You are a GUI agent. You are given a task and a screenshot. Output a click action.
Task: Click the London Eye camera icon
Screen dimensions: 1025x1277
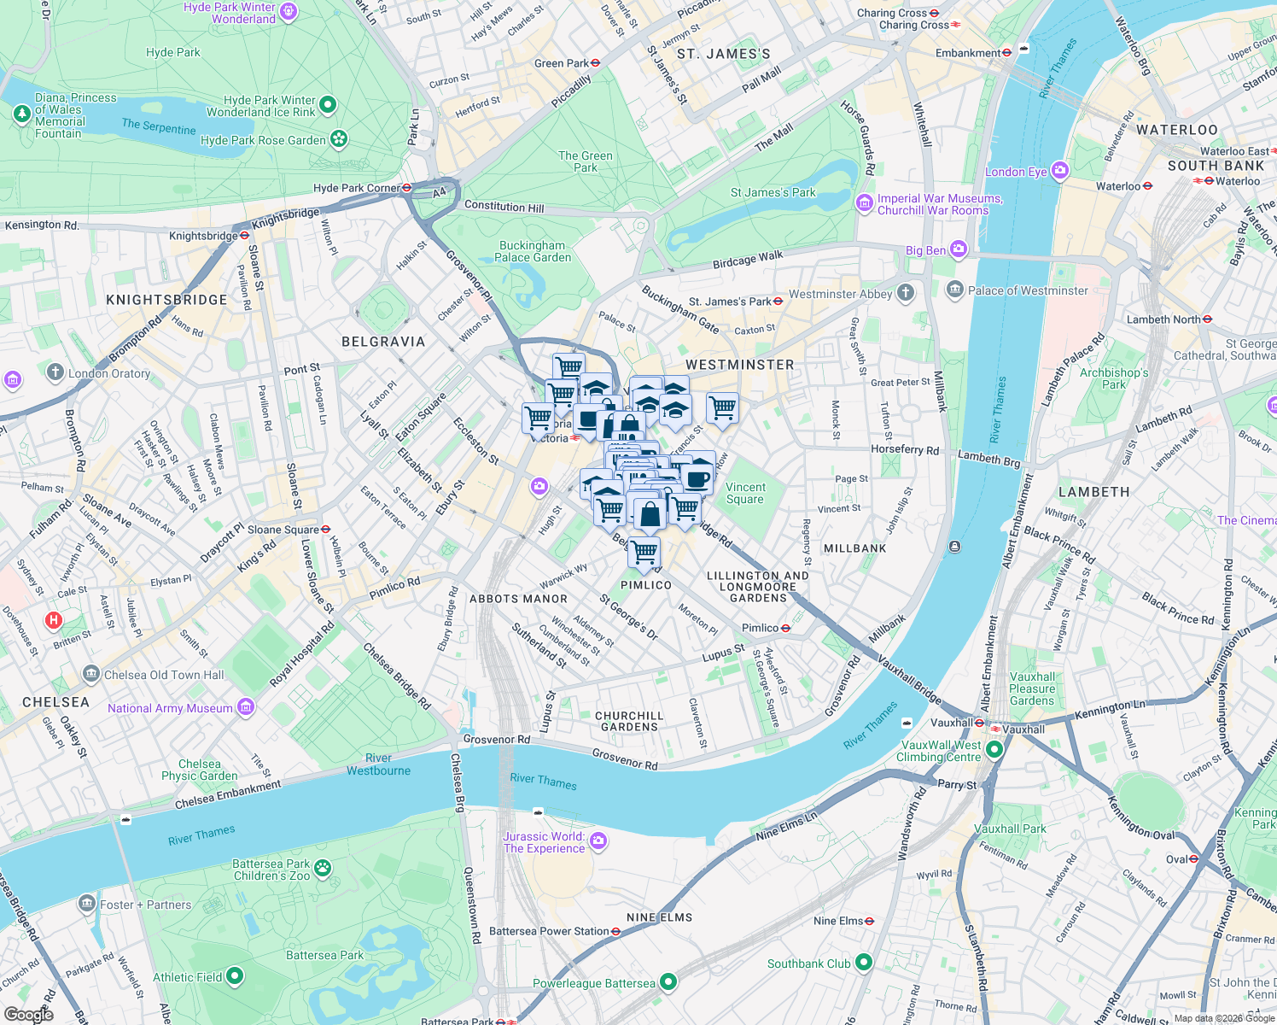[x=1060, y=171]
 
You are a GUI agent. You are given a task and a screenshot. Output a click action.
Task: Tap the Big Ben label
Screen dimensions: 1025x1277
[x=925, y=250]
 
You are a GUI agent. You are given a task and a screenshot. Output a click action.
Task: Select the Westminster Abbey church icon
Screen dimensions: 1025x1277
[x=906, y=293]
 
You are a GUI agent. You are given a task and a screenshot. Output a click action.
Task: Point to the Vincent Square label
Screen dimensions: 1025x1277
[x=745, y=493]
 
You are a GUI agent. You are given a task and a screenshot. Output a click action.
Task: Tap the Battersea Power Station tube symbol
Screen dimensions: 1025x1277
[x=616, y=931]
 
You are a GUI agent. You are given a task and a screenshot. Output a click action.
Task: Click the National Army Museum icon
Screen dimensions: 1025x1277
[x=246, y=707]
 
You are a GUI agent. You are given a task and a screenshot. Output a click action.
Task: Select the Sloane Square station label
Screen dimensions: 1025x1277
[x=283, y=530]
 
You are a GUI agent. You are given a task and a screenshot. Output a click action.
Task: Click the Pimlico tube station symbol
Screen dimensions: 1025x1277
[x=786, y=628]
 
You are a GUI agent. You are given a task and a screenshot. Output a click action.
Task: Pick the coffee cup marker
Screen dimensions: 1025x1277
[x=697, y=479]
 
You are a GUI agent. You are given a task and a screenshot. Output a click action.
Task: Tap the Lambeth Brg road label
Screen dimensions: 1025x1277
[x=988, y=460]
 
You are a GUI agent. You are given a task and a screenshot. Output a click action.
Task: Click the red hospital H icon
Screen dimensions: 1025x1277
[x=54, y=620]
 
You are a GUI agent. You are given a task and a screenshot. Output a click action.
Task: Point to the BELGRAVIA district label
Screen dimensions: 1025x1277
[x=383, y=342]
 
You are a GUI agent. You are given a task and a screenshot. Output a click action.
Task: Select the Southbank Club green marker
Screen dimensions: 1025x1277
[x=864, y=963]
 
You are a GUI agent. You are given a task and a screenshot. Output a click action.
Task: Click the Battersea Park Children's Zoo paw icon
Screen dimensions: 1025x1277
[x=323, y=869]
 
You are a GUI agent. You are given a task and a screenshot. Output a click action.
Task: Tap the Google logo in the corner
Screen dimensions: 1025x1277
[x=28, y=1015]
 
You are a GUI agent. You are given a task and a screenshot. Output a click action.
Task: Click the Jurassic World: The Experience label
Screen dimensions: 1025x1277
[x=545, y=842]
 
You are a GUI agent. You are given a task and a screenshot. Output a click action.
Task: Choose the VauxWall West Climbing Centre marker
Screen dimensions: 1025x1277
[x=994, y=750]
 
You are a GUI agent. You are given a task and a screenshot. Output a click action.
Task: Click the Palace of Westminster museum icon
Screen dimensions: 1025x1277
[x=955, y=290]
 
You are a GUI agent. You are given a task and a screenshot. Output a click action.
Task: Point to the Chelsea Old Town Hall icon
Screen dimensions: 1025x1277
[x=91, y=674]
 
